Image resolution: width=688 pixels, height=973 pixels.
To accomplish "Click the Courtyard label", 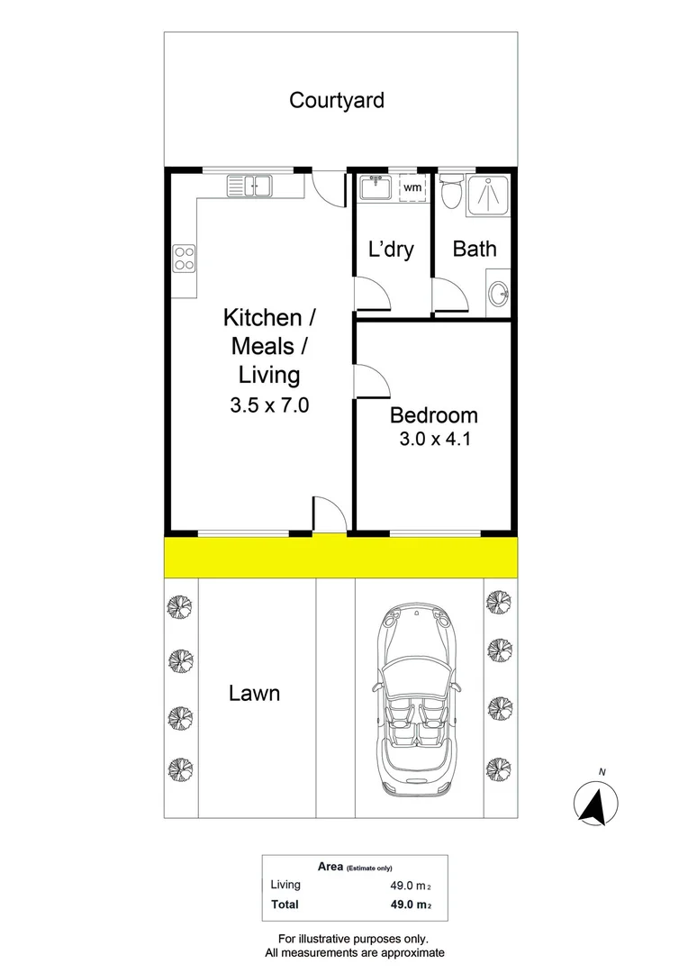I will coord(336,100).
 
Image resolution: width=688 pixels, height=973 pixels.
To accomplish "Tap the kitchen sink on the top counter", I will coord(249,186).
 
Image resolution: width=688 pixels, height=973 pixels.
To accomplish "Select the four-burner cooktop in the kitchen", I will coord(185,259).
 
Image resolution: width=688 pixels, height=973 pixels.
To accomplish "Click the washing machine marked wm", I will coord(412,187).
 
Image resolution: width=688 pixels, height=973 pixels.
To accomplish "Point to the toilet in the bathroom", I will coord(451,191).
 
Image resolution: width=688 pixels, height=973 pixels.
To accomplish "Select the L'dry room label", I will coord(392,249).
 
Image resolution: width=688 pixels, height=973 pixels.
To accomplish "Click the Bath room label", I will coord(474,249).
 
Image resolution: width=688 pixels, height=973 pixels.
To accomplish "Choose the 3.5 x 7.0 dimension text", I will coord(269,405).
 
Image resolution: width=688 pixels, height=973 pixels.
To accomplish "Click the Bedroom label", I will coord(433,415).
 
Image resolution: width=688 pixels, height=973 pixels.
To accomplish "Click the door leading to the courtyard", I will coord(329,189).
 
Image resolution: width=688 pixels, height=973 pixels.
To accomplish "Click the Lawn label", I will coord(254,693).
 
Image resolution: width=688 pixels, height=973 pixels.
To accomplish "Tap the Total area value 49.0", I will coord(400,905).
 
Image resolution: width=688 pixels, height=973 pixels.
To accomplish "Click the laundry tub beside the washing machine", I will coord(374,187).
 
